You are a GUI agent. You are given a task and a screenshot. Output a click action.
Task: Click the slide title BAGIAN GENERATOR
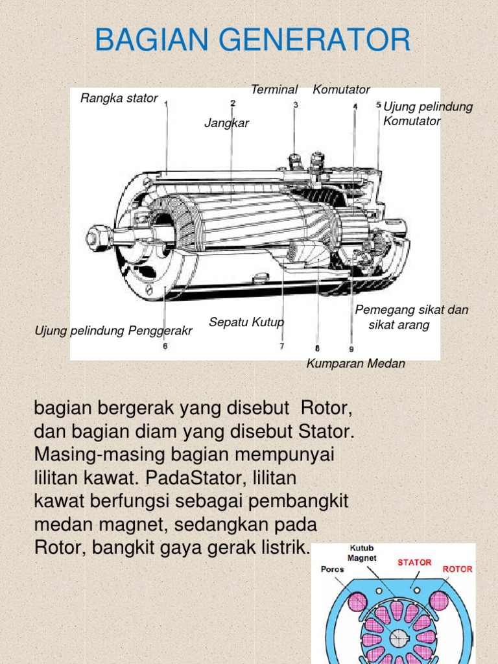tap(252, 40)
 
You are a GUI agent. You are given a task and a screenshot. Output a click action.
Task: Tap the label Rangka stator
tap(119, 98)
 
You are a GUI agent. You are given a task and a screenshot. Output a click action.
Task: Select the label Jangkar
tap(227, 123)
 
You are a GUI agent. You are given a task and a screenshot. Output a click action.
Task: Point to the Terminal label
tap(274, 89)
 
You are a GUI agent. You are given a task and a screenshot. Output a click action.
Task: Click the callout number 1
tap(167, 104)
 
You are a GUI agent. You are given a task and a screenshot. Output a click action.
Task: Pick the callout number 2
tap(232, 103)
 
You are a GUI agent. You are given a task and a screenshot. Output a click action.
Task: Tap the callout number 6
tap(165, 346)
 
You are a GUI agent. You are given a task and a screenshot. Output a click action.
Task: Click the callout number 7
tap(282, 346)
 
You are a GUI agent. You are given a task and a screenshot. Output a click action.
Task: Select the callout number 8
tap(317, 347)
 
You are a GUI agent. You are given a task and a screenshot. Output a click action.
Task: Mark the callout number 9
tap(351, 347)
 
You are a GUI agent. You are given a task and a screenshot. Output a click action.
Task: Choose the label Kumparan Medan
tap(356, 364)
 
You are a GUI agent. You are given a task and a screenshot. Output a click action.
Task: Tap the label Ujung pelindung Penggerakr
tap(113, 331)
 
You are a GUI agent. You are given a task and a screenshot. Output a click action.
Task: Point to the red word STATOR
tap(414, 562)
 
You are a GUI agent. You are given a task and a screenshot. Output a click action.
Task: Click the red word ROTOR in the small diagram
tap(457, 569)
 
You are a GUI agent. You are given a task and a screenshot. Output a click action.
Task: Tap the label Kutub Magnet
tap(362, 552)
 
